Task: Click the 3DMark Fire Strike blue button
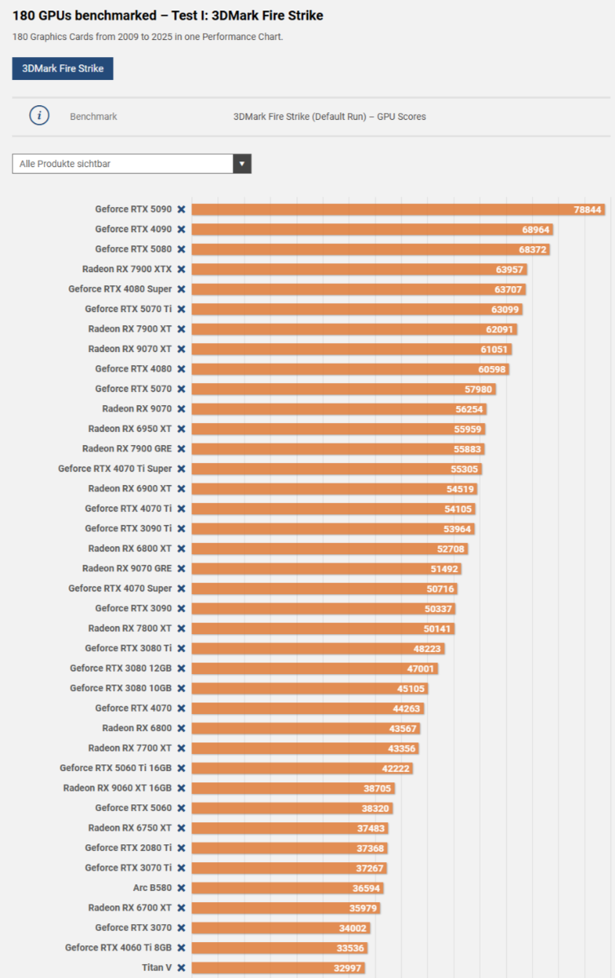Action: coord(63,68)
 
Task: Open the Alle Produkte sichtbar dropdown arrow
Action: coord(242,164)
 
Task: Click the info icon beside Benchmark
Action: coord(39,116)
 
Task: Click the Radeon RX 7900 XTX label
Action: coord(127,269)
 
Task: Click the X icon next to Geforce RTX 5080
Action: coord(182,249)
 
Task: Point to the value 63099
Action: coord(506,309)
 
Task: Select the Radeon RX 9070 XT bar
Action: coord(350,349)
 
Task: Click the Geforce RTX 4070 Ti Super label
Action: coord(115,469)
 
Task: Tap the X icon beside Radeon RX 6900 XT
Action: coord(182,489)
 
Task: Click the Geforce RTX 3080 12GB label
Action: coord(121,668)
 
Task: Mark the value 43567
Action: coord(403,729)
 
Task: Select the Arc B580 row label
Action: coord(152,888)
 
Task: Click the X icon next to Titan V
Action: coord(182,968)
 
